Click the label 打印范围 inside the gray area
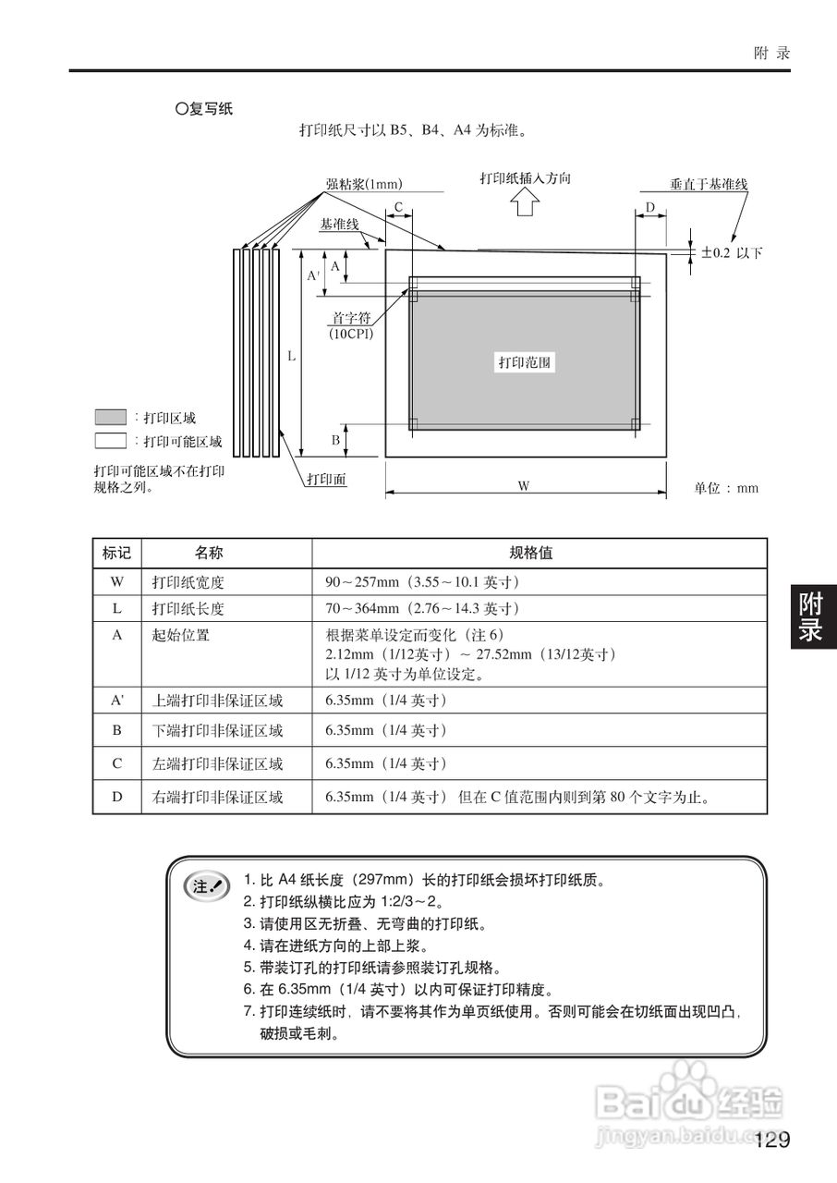coord(525,362)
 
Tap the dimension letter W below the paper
coord(524,486)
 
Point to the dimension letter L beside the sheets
coord(291,355)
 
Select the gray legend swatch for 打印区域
coord(110,417)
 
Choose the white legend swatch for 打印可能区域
coord(110,440)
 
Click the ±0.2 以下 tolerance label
coord(732,252)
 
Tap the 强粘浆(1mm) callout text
coord(363,184)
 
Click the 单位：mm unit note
coord(726,488)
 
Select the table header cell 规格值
coord(531,553)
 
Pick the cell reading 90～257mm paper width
coord(423,582)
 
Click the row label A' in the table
coord(117,701)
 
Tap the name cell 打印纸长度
coord(188,609)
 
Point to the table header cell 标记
coord(116,553)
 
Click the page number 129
coord(771,1140)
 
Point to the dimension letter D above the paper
coord(649,207)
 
